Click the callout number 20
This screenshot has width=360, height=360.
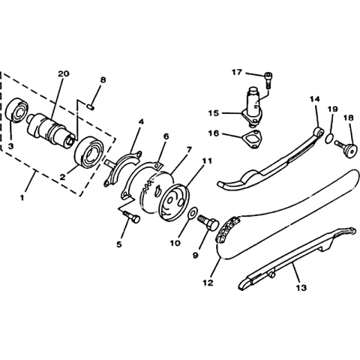(x=64, y=73)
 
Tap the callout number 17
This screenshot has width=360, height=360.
(x=237, y=72)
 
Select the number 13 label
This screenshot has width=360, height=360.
(x=301, y=288)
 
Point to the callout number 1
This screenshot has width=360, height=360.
(x=22, y=198)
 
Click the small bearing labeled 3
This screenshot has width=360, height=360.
(x=16, y=110)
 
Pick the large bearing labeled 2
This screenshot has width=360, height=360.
(x=89, y=151)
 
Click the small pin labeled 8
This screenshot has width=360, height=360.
(x=91, y=107)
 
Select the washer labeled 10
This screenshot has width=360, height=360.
(x=193, y=213)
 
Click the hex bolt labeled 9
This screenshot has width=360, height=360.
(x=208, y=223)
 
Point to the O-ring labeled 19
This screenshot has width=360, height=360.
(x=329, y=139)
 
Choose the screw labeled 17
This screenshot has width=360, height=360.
(x=268, y=79)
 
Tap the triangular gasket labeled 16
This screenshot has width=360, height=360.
(x=251, y=139)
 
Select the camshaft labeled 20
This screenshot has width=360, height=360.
(x=51, y=130)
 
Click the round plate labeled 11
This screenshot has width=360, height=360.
(x=174, y=202)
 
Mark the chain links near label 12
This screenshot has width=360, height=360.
(x=227, y=229)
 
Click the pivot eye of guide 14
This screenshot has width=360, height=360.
(x=319, y=132)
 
